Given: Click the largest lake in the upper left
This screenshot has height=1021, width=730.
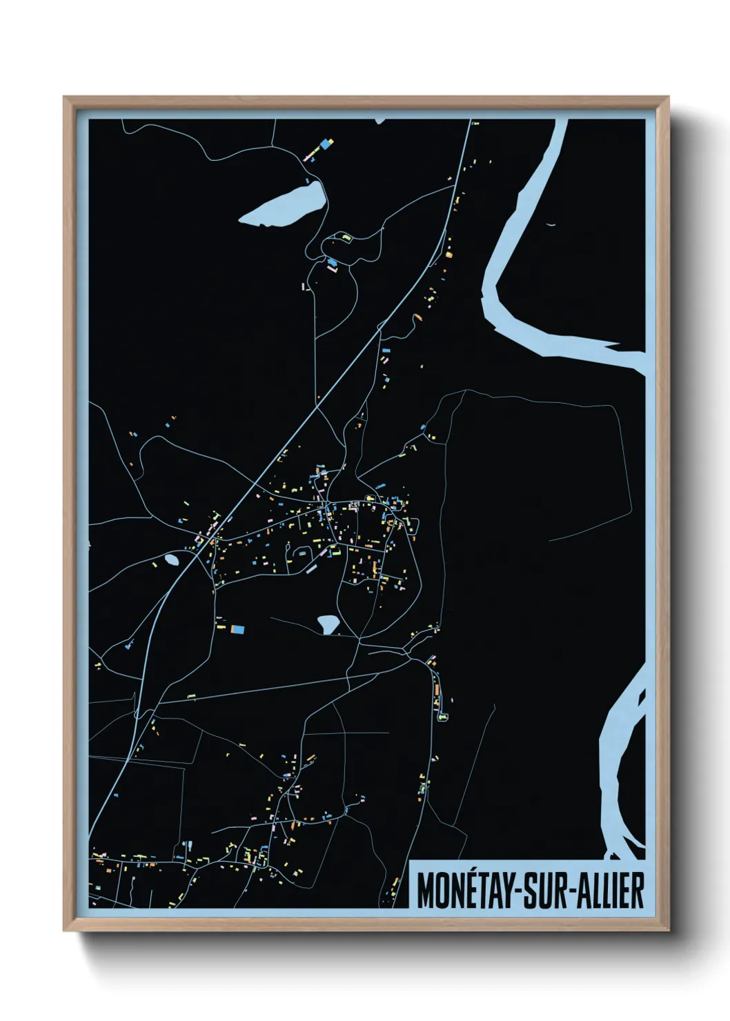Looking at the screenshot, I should click(x=284, y=204).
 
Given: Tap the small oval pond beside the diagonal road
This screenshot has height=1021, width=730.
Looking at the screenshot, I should click(x=171, y=559).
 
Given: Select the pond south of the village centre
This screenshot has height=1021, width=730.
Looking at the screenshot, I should click(x=328, y=624).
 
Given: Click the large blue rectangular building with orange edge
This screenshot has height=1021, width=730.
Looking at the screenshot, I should click(x=237, y=629).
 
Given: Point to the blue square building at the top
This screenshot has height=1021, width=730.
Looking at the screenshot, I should click(x=322, y=146).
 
